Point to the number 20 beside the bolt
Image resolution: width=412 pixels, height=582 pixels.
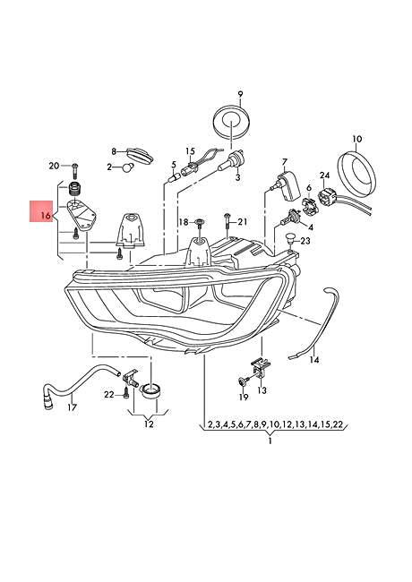pos(54,166)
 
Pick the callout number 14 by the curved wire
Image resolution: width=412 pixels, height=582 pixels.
pos(313,361)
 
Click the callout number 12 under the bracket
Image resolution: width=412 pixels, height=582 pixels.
pos(149,424)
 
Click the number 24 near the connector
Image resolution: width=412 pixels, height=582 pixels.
pos(325,175)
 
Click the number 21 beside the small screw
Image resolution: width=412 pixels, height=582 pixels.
pos(243,221)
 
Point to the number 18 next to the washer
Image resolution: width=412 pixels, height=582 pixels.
pos(183,221)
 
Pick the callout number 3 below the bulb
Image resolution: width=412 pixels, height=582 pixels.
pos(238,179)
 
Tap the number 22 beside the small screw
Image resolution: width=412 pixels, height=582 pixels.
pos(107,394)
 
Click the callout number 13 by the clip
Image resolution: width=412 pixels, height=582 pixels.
pos(262,390)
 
